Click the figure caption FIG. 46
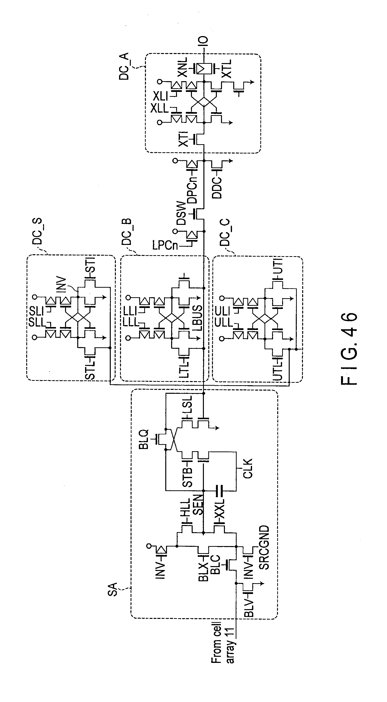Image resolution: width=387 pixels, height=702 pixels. [x=349, y=349]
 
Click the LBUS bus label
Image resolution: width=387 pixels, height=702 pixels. [x=198, y=318]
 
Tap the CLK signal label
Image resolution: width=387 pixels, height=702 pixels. [x=248, y=469]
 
